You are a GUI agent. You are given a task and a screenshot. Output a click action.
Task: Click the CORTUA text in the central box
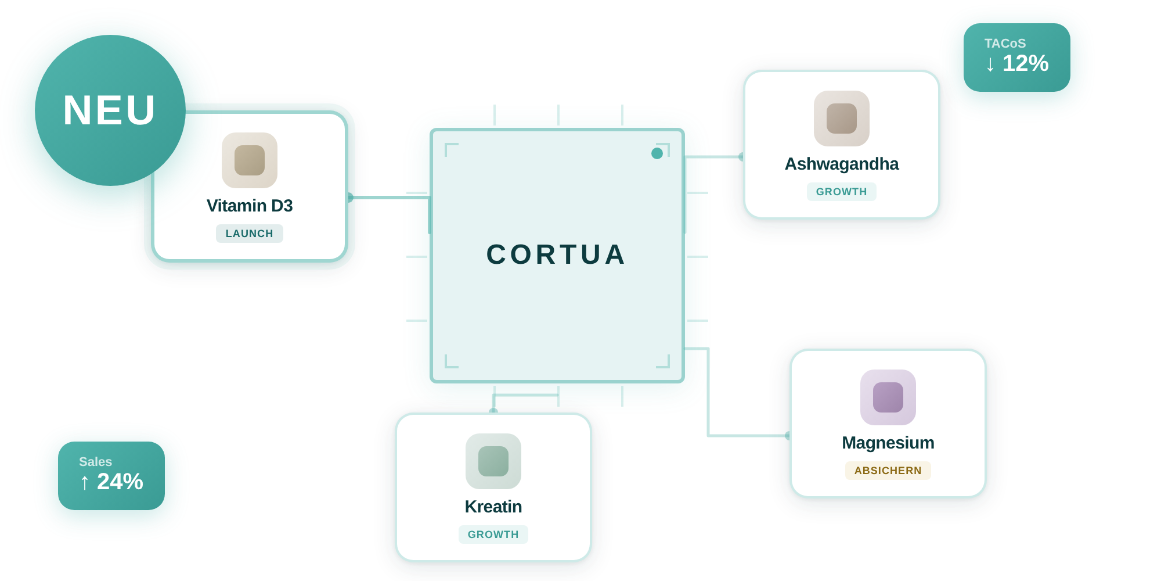[x=556, y=255]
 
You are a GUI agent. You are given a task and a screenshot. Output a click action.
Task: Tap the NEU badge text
[x=110, y=110]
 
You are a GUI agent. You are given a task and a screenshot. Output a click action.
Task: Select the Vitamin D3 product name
[x=250, y=206]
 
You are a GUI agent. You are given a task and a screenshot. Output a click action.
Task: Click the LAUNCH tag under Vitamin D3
[x=250, y=234]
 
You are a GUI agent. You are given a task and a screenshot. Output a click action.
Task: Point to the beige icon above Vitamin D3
[x=250, y=160]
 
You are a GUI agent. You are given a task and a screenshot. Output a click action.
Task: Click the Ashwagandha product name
[x=842, y=164]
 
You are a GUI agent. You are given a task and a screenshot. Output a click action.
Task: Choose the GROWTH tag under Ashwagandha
[x=842, y=192]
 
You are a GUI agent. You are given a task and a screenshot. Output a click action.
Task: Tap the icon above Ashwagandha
[x=842, y=119]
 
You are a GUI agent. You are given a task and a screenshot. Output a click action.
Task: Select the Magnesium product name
[x=888, y=443]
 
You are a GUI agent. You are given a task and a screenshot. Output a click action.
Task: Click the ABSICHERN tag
[x=888, y=471]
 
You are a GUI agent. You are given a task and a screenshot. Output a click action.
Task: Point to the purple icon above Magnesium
[x=888, y=397]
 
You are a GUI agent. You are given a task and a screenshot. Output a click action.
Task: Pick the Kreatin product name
[x=493, y=507]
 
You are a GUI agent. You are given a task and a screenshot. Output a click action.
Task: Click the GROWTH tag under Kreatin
[x=493, y=535]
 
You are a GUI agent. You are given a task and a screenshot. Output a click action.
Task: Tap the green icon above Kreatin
[x=493, y=461]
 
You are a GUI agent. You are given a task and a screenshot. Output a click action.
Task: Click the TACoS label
[x=1005, y=44]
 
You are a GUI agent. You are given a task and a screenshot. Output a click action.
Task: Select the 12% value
[x=1026, y=63]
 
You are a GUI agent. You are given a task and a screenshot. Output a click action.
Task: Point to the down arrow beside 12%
[x=990, y=64]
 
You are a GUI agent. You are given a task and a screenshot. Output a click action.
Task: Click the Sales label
[x=95, y=462]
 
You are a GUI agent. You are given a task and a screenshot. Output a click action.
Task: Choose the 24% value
[x=120, y=482]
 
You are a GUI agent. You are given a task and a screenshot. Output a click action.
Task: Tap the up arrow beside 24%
[x=85, y=482]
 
